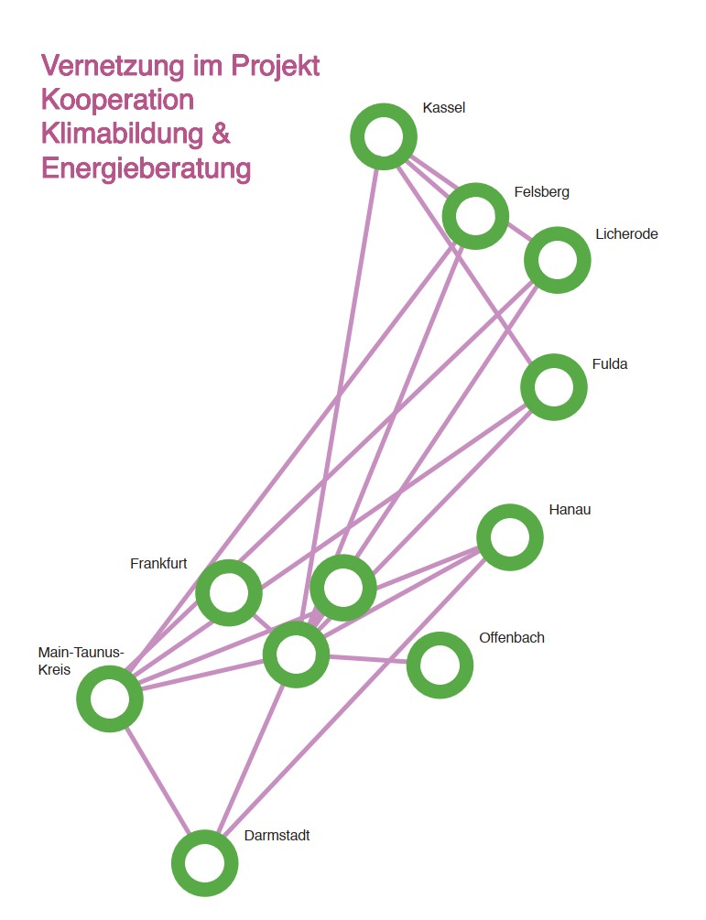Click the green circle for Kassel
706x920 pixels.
point(384,136)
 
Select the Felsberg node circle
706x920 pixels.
point(474,216)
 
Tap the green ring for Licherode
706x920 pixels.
point(557,260)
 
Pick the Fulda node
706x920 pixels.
point(553,387)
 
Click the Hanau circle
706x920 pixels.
point(510,537)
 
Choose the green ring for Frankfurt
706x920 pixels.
point(229,593)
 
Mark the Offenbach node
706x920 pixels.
point(440,666)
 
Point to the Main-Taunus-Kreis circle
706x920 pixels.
point(110,698)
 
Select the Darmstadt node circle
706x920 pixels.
point(204,863)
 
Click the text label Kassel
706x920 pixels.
point(444,108)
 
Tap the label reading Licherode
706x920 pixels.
point(626,234)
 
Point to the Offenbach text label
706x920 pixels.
point(511,637)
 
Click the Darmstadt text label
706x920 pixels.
point(277,836)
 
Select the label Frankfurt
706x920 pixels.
point(158,563)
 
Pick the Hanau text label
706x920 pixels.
point(570,510)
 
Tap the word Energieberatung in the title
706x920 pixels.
point(146,168)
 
